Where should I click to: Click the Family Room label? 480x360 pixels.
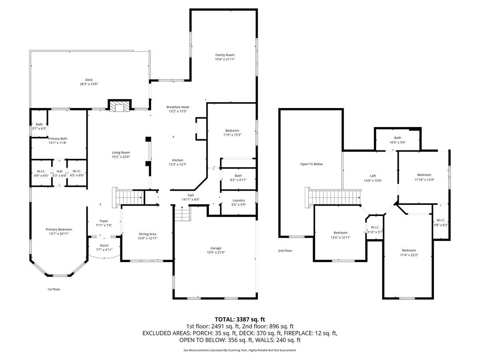pyautogui.click(x=224, y=55)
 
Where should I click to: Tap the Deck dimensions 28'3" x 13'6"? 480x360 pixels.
pyautogui.click(x=89, y=84)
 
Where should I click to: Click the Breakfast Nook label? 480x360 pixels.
pyautogui.click(x=178, y=107)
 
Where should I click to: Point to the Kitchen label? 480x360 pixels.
pyautogui.click(x=178, y=160)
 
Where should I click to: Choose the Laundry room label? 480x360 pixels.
pyautogui.click(x=238, y=200)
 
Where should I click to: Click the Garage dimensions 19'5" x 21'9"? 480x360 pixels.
pyautogui.click(x=216, y=252)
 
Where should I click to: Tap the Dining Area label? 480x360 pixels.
pyautogui.click(x=147, y=234)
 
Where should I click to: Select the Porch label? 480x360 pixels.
pyautogui.click(x=104, y=246)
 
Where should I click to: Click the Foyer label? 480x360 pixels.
pyautogui.click(x=104, y=221)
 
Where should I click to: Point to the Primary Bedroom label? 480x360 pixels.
pyautogui.click(x=59, y=230)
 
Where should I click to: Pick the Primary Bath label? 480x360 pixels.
pyautogui.click(x=58, y=138)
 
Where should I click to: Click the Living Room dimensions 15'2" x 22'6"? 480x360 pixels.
pyautogui.click(x=121, y=157)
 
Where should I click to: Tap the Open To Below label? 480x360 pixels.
pyautogui.click(x=311, y=164)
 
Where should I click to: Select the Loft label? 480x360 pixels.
pyautogui.click(x=373, y=176)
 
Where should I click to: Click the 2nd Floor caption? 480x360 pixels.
pyautogui.click(x=285, y=251)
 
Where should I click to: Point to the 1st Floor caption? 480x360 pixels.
pyautogui.click(x=54, y=289)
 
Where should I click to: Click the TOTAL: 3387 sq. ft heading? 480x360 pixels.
pyautogui.click(x=240, y=320)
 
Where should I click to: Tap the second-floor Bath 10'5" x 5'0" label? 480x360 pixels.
pyautogui.click(x=398, y=140)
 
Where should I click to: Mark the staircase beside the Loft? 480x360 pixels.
pyautogui.click(x=333, y=197)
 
